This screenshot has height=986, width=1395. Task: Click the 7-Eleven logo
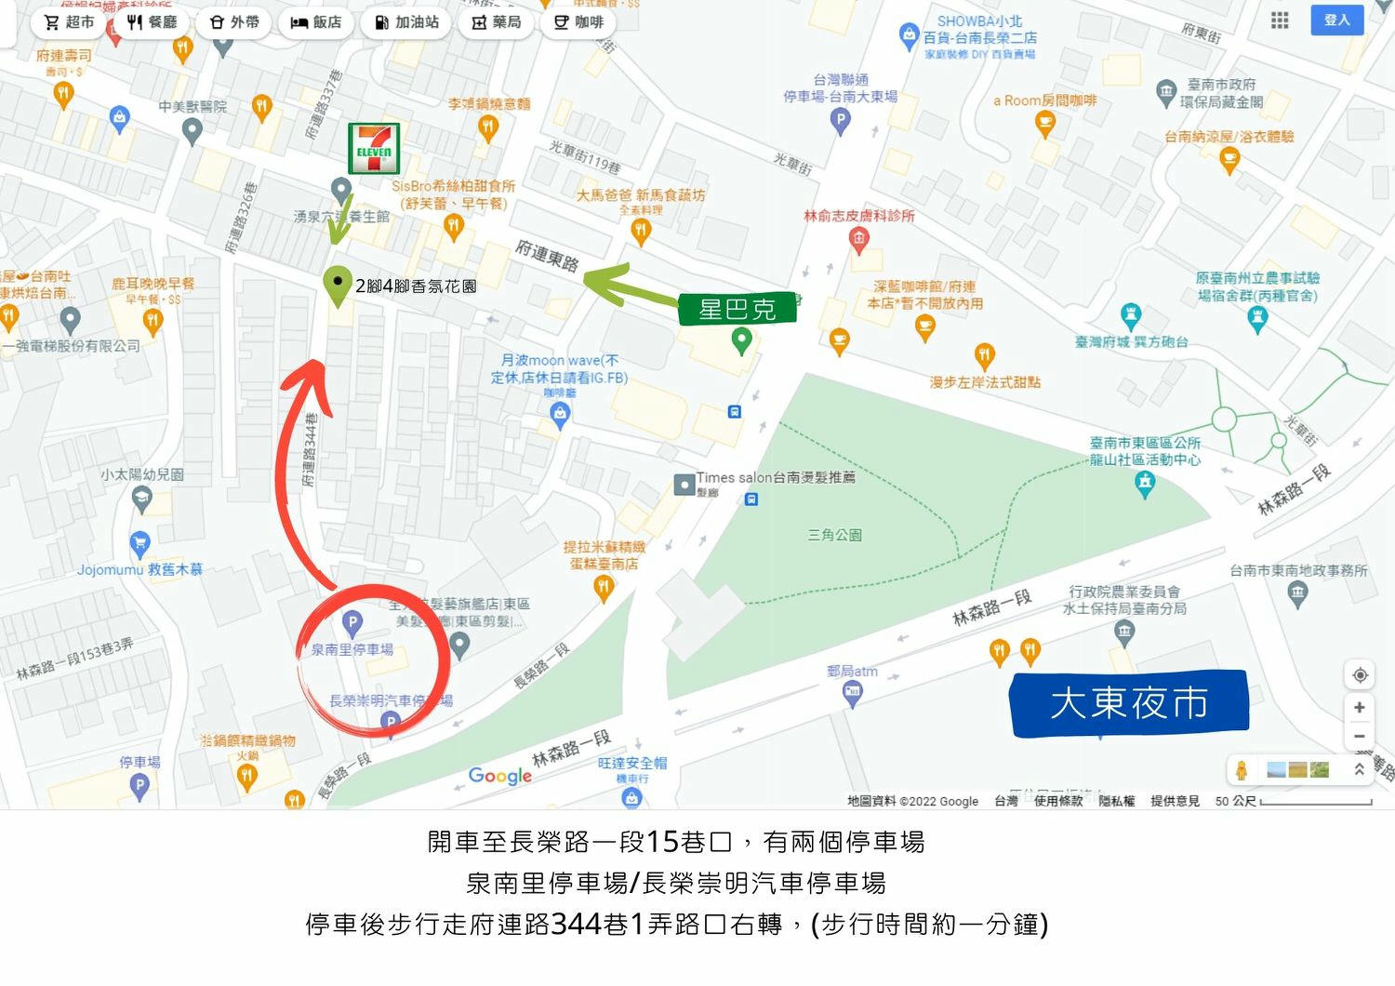pos(374,149)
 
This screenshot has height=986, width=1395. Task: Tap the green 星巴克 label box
pos(737,309)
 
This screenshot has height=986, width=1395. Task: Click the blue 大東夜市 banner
pos(1128,703)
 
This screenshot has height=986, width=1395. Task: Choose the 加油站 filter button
pos(406,22)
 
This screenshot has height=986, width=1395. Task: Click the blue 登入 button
pos(1336,20)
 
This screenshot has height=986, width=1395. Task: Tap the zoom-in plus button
pos(1359,707)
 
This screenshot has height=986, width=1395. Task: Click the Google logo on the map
pos(500,775)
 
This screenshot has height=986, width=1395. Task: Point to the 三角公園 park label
pos(834,535)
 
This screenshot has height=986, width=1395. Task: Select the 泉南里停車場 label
pos(352,649)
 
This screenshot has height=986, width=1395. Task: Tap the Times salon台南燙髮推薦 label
pos(776,478)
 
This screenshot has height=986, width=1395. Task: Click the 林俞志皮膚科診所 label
pos(859,216)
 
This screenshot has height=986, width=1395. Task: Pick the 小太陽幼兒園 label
pos(142,474)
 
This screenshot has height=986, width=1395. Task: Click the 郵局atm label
pos(852,671)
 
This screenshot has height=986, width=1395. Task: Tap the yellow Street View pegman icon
pos(1241,770)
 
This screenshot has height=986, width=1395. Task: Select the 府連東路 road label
pos(547,255)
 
